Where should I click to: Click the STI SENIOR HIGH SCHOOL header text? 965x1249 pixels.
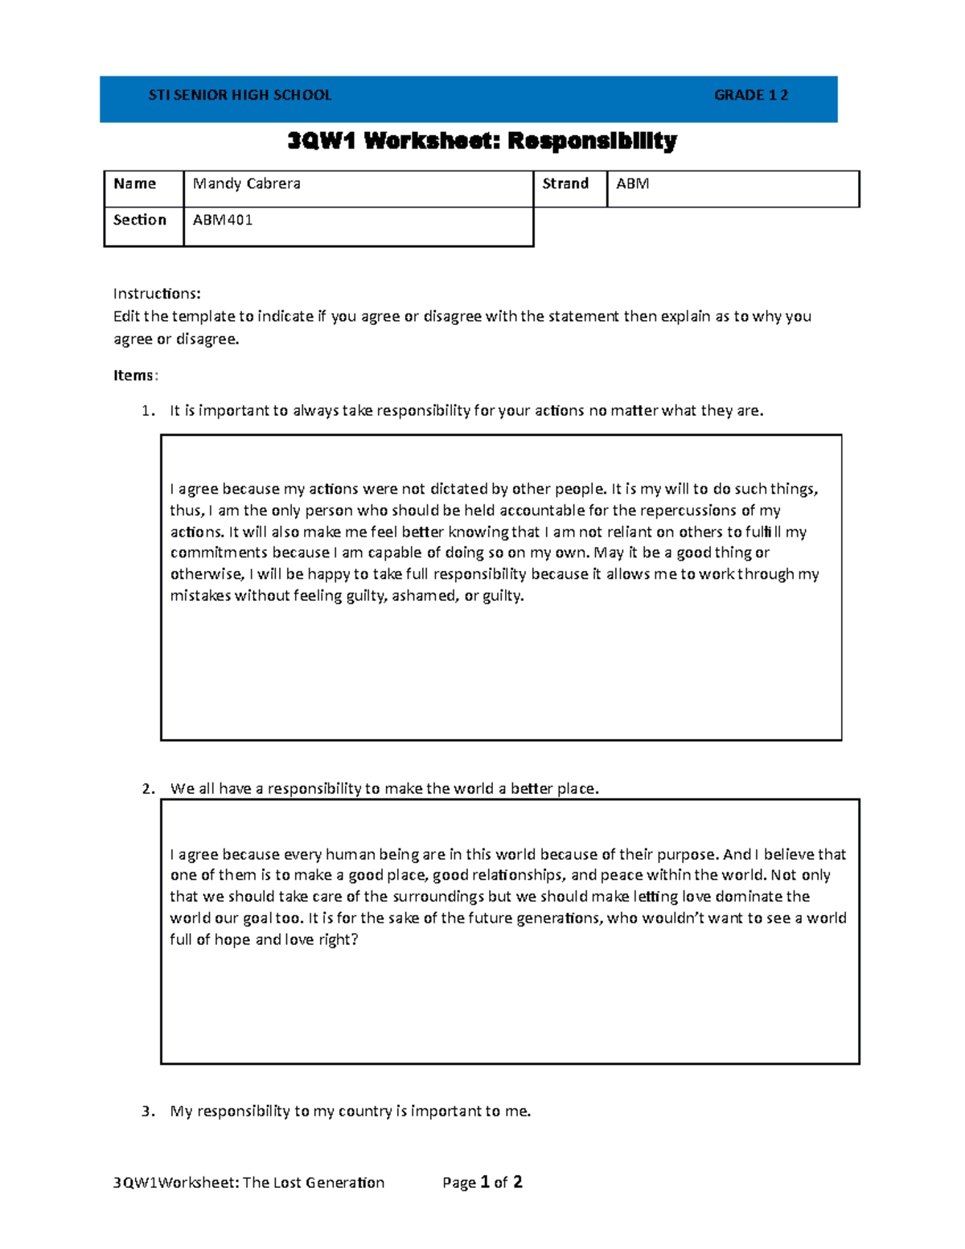point(240,95)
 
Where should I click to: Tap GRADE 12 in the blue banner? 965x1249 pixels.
point(750,95)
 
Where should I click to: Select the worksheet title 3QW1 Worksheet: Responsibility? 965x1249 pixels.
point(482,142)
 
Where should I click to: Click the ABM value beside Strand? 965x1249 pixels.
point(633,184)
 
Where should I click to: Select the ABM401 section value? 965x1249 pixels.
point(223,220)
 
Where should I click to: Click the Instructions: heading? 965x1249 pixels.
point(157,294)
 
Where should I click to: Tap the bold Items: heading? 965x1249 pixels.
point(136,376)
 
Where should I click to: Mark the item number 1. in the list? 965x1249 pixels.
point(148,411)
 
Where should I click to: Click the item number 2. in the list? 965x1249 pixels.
point(148,789)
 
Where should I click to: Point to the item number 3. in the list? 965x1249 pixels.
point(148,1111)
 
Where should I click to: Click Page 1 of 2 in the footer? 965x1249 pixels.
point(482,1182)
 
